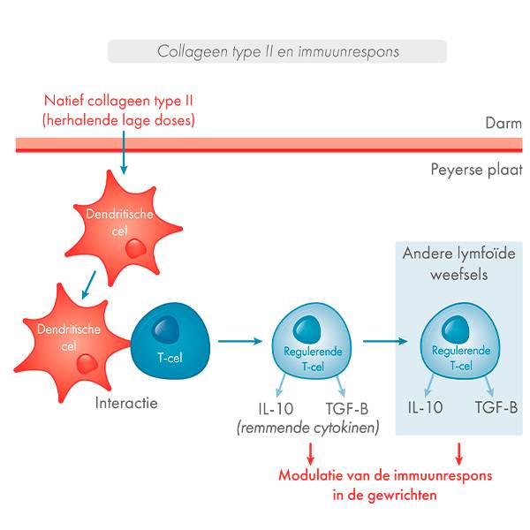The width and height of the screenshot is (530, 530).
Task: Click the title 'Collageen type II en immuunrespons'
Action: (277, 51)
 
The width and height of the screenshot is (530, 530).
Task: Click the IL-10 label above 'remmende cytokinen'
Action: (273, 408)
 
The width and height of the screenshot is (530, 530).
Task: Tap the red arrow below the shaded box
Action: (458, 453)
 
